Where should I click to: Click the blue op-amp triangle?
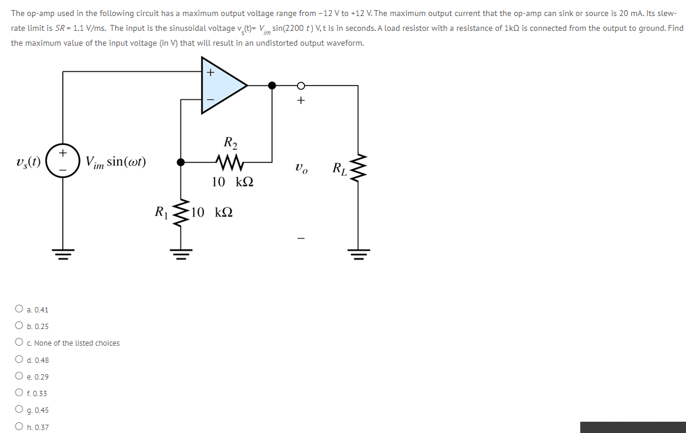coord(220,85)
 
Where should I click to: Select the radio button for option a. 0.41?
coord(20,309)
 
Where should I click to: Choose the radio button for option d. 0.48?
coord(20,360)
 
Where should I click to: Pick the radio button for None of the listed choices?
coord(20,343)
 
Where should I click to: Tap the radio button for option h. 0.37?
coord(20,427)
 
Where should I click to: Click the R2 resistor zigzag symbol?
coord(229,161)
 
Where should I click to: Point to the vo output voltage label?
coord(301,168)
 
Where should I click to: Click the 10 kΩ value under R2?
coord(233,182)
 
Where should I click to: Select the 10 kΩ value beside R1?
coord(212,211)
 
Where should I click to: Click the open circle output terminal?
coord(301,86)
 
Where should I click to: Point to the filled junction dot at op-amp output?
coord(272,86)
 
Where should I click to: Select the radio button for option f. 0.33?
coord(20,393)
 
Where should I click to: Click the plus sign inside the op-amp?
coord(210,72)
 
